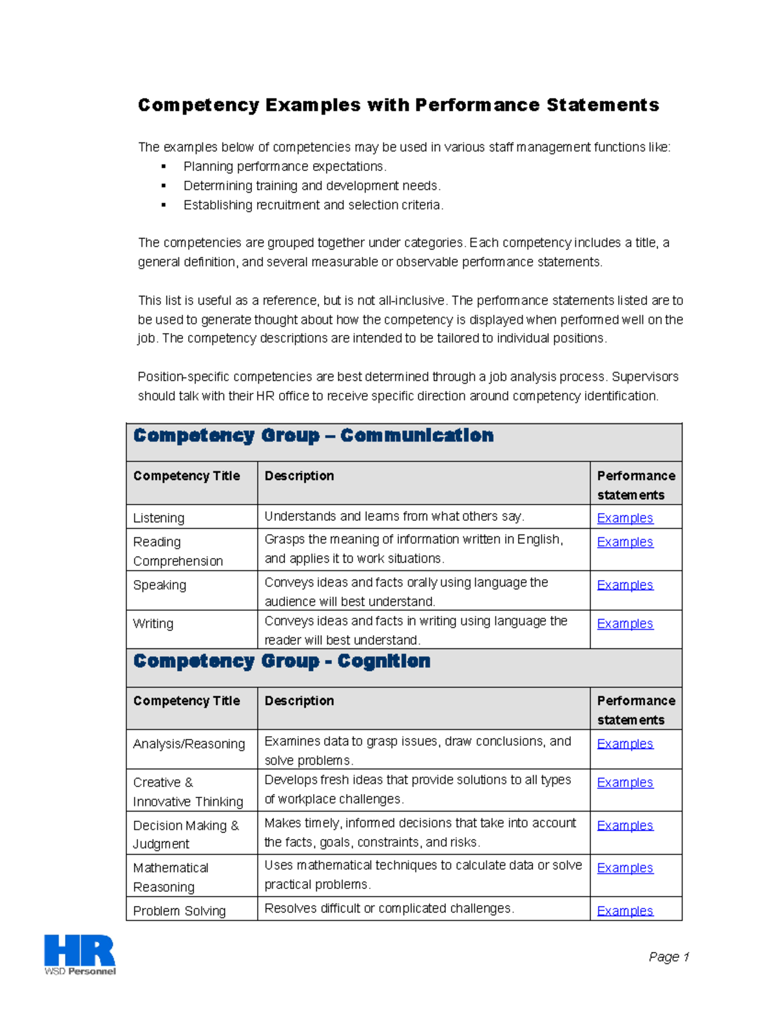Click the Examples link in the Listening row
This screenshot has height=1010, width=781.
625,518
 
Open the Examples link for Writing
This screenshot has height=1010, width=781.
625,624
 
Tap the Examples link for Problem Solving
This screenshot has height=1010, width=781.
625,910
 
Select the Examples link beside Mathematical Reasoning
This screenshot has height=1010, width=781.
625,868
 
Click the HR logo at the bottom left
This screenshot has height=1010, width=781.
79,954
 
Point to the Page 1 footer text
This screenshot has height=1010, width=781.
668,957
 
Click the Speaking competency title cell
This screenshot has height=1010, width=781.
159,585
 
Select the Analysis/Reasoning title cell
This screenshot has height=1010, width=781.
189,744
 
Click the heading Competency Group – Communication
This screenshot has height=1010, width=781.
313,436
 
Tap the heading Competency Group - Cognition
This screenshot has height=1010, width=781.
282,661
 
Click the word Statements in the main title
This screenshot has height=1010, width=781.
603,105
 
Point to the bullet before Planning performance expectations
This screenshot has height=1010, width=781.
163,167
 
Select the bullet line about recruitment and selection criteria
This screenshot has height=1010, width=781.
313,206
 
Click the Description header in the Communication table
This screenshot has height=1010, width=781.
299,476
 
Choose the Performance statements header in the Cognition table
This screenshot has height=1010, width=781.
636,710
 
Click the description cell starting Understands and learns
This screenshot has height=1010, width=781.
394,516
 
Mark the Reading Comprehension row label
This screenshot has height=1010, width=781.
178,551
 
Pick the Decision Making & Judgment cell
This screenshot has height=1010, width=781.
185,834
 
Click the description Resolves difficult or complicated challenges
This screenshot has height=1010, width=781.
389,909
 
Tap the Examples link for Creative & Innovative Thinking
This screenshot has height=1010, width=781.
625,783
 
